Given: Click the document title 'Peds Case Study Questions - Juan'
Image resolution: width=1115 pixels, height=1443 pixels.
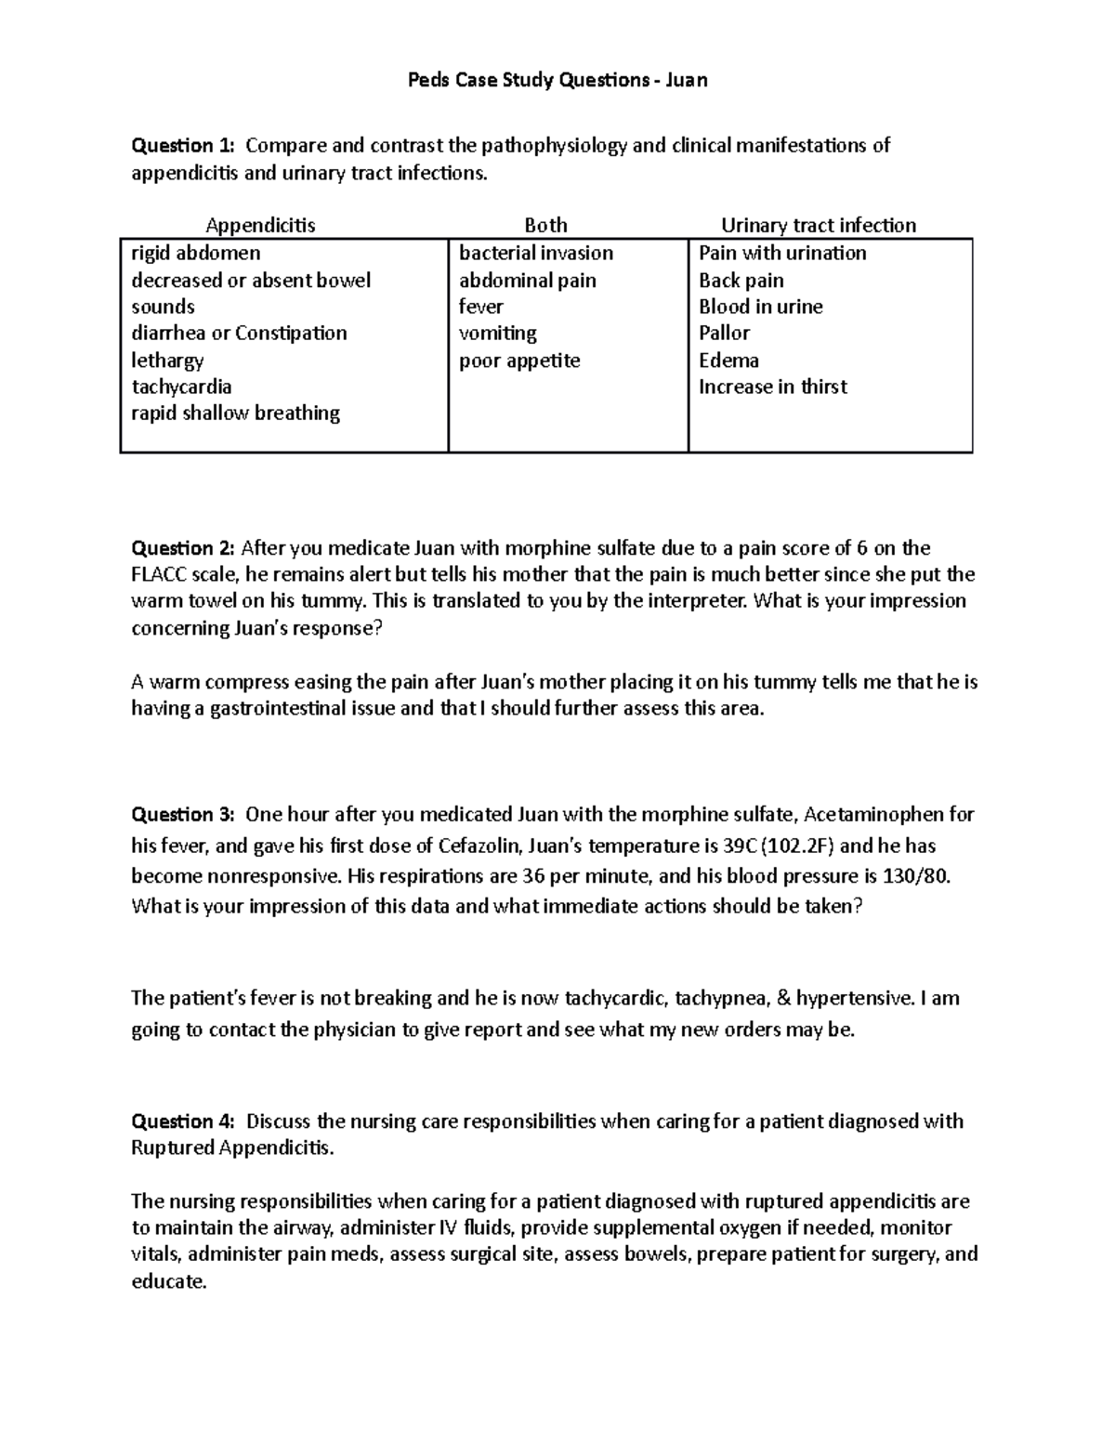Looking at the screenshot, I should click(557, 80).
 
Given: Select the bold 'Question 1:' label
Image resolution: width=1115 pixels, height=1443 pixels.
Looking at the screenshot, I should click(183, 145).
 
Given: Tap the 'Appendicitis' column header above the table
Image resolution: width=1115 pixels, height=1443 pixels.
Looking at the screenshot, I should click(260, 225).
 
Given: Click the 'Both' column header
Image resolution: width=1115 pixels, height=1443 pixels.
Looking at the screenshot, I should click(545, 225).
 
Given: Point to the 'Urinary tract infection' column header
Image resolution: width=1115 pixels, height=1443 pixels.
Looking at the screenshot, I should click(819, 225).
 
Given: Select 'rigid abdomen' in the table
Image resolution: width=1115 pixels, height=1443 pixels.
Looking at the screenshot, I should click(196, 253).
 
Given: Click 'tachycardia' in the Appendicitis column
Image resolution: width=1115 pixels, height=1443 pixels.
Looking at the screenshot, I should click(181, 387).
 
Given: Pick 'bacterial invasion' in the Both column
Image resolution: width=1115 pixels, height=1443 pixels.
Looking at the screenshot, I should click(536, 253).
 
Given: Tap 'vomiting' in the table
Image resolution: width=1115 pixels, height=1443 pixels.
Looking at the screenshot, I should click(497, 333).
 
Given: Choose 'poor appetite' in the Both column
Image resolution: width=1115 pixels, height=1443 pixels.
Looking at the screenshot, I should click(519, 361).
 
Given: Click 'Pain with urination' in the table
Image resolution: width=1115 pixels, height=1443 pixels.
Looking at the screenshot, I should click(782, 253).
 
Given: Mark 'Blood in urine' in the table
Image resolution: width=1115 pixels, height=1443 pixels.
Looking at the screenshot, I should click(760, 307).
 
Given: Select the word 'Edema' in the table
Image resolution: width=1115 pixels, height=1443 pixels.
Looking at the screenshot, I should click(728, 361).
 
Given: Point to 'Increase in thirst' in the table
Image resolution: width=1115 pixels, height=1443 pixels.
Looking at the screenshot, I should click(772, 387).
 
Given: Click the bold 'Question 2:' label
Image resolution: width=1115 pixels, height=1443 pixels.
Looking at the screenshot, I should click(183, 547).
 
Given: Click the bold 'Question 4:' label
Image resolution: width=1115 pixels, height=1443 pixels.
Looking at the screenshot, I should click(183, 1121).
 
